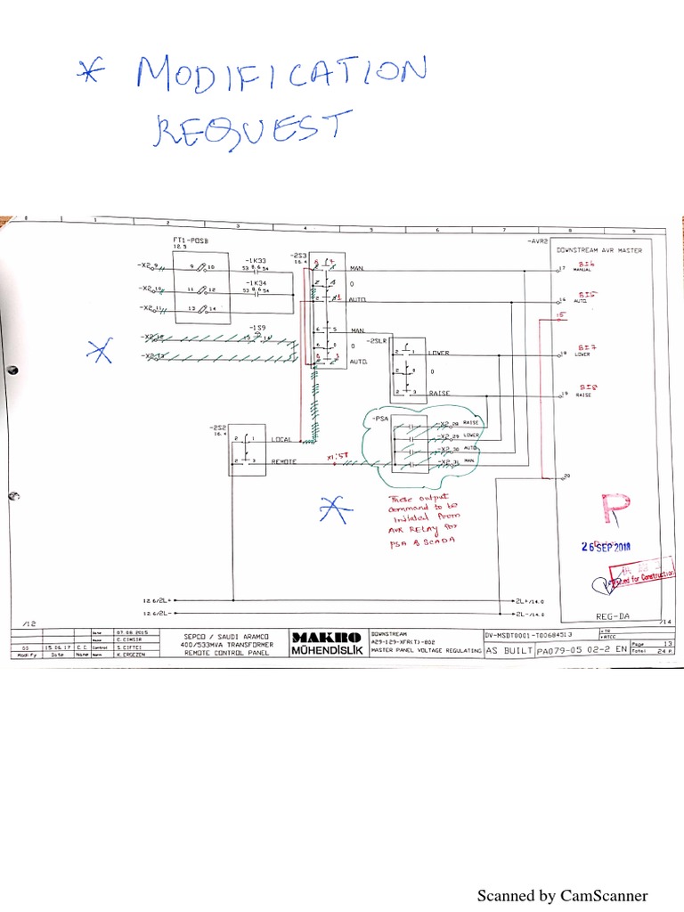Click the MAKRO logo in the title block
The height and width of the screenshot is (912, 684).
click(x=327, y=637)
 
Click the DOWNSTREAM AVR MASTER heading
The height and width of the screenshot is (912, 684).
click(x=598, y=250)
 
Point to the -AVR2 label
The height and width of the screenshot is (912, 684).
click(x=537, y=241)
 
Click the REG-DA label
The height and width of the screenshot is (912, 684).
click(x=612, y=615)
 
